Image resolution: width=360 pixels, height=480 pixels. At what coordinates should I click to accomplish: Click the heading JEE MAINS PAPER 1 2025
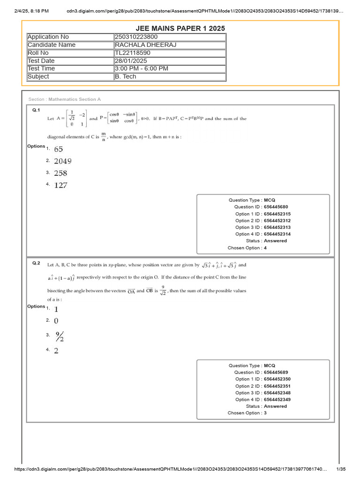(180, 28)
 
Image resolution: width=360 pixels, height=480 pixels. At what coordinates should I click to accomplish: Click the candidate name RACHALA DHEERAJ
(142, 45)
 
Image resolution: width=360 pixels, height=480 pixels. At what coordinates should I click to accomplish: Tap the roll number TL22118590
(133, 53)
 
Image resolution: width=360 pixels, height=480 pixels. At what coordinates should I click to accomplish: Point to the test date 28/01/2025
(132, 61)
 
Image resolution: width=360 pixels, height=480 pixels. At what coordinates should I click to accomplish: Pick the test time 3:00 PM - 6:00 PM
(142, 69)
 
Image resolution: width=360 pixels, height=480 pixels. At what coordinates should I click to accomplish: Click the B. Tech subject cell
(126, 77)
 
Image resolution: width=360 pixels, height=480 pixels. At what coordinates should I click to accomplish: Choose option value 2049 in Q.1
(63, 161)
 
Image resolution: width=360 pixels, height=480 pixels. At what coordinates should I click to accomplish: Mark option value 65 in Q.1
(58, 150)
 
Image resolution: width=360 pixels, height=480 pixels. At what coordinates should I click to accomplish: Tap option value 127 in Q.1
(60, 185)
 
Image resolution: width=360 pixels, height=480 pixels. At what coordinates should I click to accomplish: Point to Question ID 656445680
(276, 207)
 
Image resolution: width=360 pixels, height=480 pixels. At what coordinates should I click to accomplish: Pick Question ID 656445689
(276, 372)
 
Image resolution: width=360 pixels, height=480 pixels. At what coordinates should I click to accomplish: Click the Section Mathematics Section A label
(65, 99)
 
